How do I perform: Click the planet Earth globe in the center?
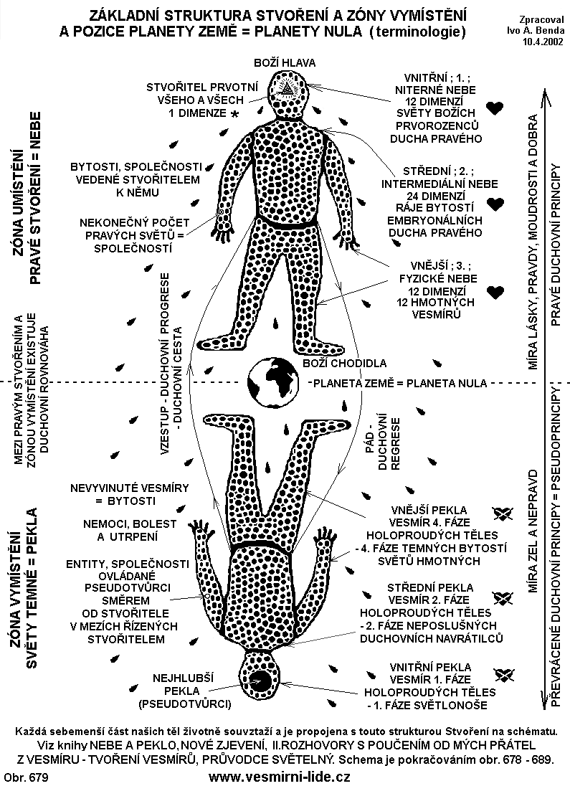pyautogui.click(x=273, y=382)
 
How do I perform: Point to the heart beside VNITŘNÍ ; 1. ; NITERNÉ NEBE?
pyautogui.click(x=495, y=108)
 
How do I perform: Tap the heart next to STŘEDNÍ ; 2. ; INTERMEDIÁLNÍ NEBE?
pyautogui.click(x=495, y=204)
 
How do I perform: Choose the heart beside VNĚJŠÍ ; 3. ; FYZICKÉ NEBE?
pyautogui.click(x=495, y=292)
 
